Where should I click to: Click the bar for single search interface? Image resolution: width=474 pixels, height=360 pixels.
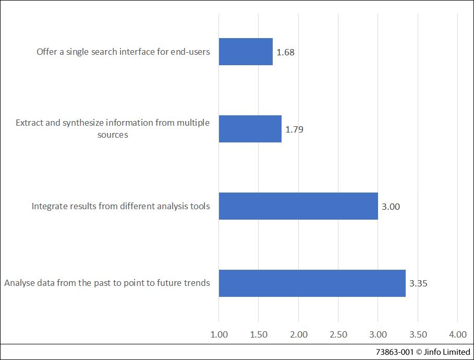pos(246,52)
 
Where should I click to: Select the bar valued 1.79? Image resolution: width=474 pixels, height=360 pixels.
pos(250,129)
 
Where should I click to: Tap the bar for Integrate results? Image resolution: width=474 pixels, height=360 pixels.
pos(298,206)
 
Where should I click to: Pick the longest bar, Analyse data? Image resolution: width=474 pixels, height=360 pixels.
pos(312,283)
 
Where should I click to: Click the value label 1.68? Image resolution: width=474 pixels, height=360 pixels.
pos(286,52)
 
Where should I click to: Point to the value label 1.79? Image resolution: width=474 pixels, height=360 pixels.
pos(294,129)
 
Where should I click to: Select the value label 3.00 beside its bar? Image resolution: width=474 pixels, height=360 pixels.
pos(391,207)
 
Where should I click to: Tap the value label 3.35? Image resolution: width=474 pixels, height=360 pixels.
pos(419,284)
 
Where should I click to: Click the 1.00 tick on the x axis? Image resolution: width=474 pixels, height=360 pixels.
pos(218,334)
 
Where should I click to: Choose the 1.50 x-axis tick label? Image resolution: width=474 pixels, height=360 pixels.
pos(259,334)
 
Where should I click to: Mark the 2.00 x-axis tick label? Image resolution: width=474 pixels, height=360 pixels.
pos(298,334)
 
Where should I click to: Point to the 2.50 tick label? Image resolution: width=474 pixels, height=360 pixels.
pos(338,334)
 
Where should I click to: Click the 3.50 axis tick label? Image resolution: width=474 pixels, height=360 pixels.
pos(418,334)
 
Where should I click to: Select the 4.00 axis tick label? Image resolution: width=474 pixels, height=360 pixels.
pos(457,334)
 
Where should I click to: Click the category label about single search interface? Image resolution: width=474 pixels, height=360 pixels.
pos(123,52)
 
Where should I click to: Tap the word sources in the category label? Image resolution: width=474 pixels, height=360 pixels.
pos(113,135)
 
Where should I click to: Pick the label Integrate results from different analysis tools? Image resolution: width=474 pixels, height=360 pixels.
pos(120,206)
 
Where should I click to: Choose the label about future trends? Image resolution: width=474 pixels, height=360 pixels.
pos(107,283)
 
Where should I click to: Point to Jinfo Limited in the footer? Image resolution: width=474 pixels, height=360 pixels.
pos(449,352)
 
